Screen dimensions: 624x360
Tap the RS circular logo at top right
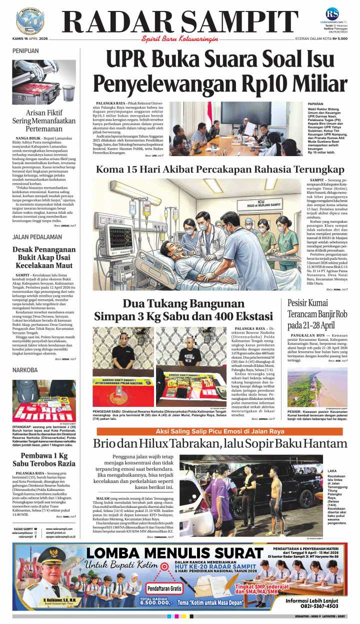(x=332, y=14)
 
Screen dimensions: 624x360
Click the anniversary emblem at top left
(x=29, y=21)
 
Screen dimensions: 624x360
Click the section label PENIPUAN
(x=25, y=51)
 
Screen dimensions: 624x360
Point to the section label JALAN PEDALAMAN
(x=34, y=237)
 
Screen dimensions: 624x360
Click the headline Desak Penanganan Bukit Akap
(x=44, y=258)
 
